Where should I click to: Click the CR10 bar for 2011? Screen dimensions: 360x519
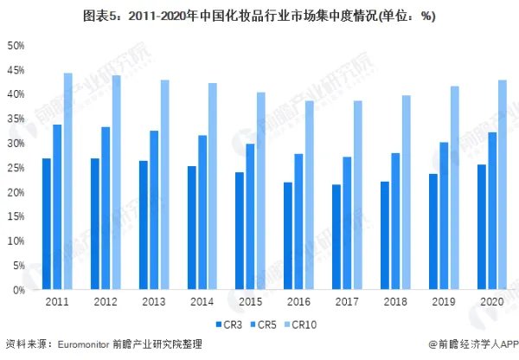(x=68, y=182)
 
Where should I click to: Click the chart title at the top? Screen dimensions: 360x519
(x=259, y=15)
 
